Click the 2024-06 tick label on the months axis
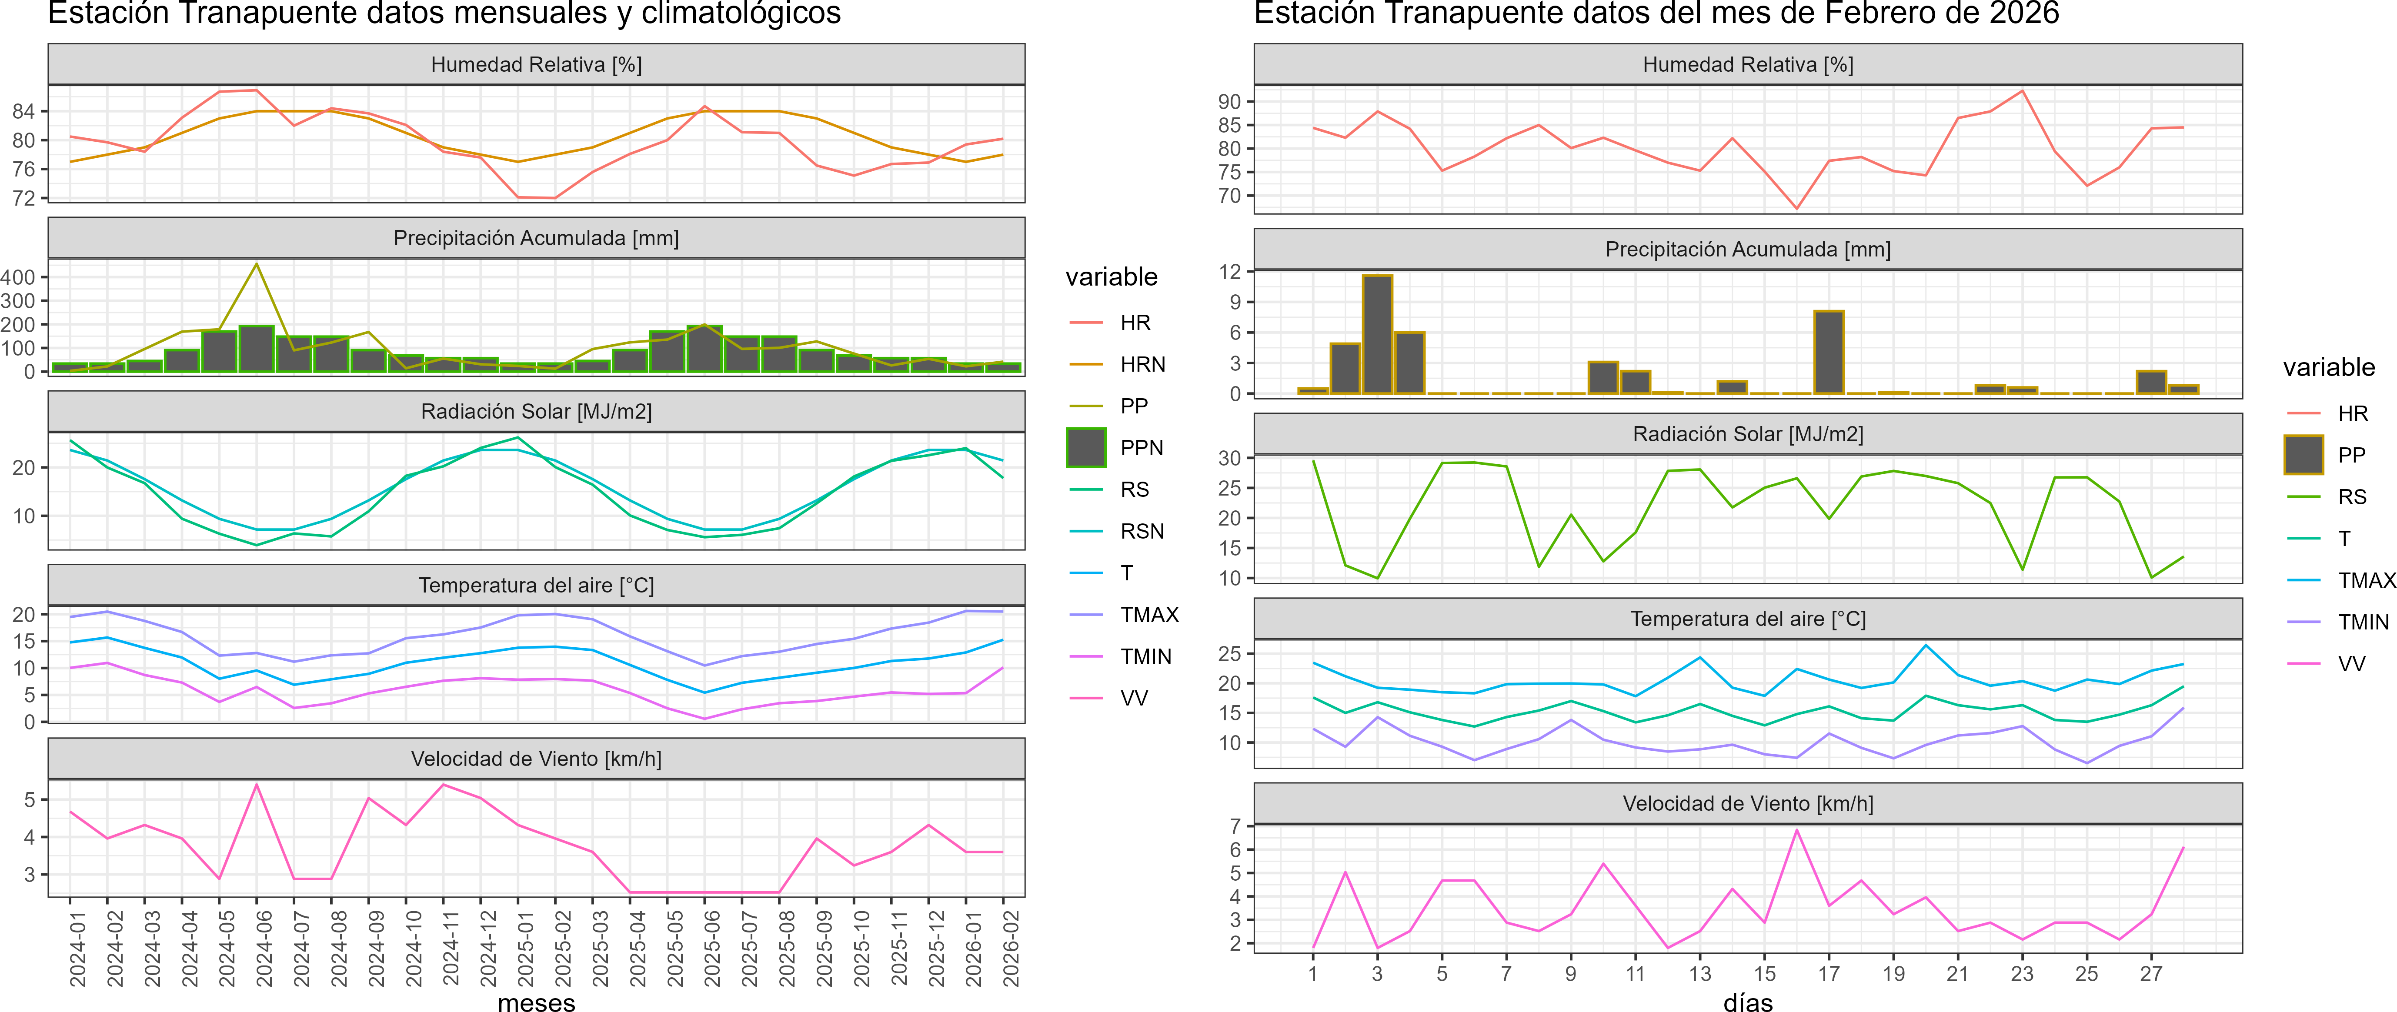tap(264, 949)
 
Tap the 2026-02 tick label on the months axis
tap(1011, 949)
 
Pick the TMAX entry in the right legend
tap(2365, 580)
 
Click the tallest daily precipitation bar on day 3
tap(1377, 335)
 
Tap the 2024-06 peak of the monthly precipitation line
tap(257, 265)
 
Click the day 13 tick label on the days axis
tap(1700, 974)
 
